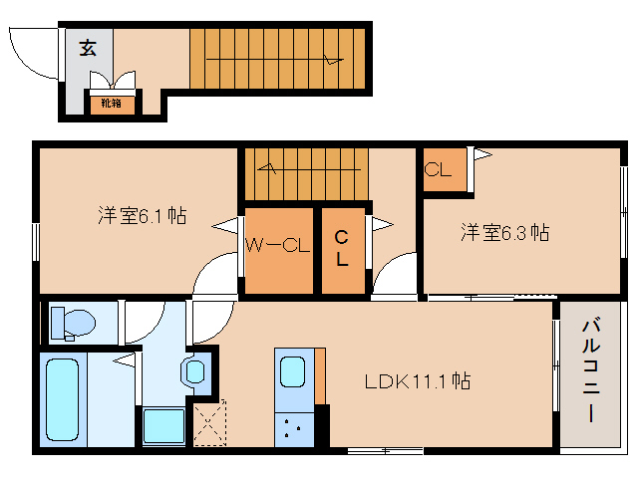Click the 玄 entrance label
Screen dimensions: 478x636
(89, 48)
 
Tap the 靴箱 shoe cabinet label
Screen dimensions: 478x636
(110, 103)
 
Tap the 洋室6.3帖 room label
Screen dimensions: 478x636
(502, 233)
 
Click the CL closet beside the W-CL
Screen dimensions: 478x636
(342, 249)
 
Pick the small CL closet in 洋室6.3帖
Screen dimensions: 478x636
(440, 170)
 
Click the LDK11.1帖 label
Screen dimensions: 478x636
(417, 379)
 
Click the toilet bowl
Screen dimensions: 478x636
(75, 323)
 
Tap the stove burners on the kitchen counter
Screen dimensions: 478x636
(293, 429)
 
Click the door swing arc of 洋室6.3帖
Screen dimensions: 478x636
(395, 274)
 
